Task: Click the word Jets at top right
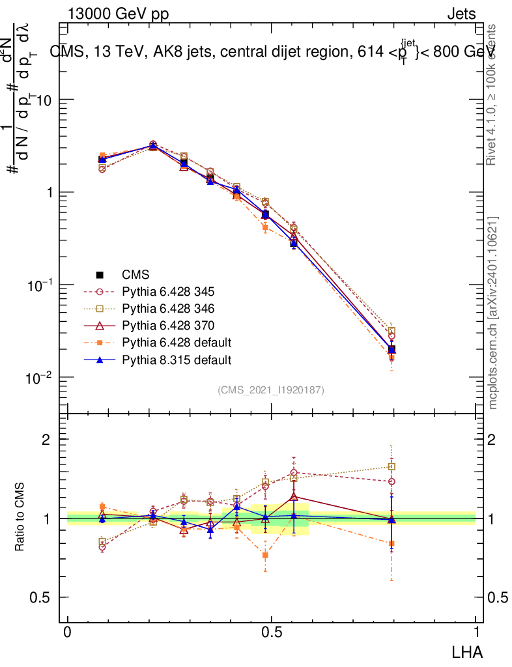(x=461, y=14)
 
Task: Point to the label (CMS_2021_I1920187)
(x=271, y=390)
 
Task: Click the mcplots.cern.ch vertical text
(x=494, y=313)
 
